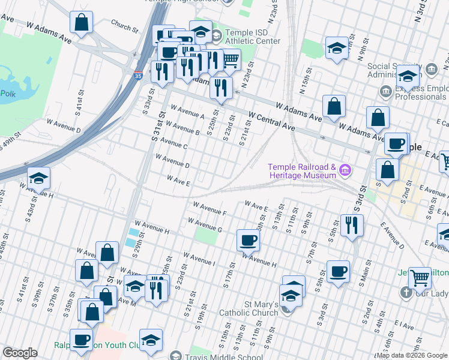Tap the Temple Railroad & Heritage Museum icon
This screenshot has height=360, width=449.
tap(345, 171)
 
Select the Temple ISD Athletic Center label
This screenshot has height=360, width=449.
tap(252, 37)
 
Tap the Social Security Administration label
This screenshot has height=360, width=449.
tap(394, 71)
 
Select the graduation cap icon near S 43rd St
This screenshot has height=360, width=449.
tap(38, 178)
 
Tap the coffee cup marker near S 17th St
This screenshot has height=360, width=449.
tap(248, 241)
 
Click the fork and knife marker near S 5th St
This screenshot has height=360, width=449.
tap(351, 226)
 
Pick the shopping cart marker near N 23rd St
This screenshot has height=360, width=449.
tap(231, 59)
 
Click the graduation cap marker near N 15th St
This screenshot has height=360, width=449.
tap(337, 48)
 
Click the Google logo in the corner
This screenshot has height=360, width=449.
tap(20, 353)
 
